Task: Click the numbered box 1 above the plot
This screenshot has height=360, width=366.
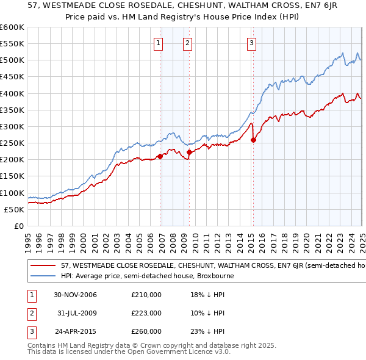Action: (x=158, y=43)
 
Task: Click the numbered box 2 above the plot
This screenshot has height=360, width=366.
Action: (x=187, y=43)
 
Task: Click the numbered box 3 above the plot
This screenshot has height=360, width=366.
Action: (x=251, y=43)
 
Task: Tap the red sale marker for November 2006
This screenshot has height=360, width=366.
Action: (x=160, y=156)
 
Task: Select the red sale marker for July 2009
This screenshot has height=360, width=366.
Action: (x=190, y=152)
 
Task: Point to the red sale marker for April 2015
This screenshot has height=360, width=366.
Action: (x=254, y=140)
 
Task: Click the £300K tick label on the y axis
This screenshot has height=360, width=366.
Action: (x=12, y=126)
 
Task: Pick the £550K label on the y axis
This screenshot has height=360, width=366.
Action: (x=12, y=43)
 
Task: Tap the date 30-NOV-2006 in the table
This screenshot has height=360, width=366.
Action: (x=75, y=295)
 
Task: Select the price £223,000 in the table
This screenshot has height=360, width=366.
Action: (x=146, y=314)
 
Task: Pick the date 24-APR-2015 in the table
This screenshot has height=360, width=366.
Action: (x=75, y=332)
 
